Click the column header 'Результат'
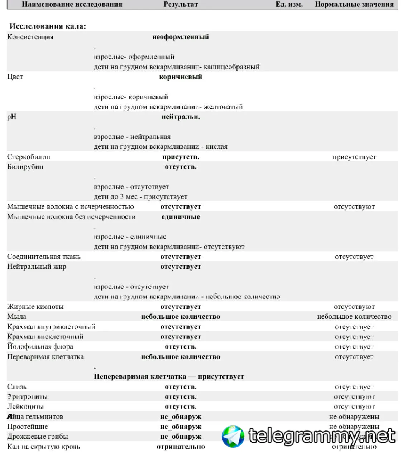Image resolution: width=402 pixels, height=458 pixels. [181, 4]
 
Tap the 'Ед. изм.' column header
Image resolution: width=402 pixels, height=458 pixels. [289, 4]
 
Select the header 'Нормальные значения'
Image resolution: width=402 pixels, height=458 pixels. [354, 4]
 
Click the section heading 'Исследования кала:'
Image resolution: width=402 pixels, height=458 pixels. [48, 26]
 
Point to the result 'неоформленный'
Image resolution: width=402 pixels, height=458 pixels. [181, 37]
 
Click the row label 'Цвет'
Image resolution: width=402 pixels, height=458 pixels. [15, 77]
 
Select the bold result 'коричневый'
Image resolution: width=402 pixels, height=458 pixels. [181, 77]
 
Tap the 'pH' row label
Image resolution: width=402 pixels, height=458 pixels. [11, 117]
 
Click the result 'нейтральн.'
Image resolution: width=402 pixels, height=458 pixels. [181, 117]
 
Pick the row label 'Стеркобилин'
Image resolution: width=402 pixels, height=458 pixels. [29, 157]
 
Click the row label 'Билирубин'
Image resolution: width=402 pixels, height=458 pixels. [25, 167]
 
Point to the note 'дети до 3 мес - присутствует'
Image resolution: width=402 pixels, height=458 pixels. [140, 197]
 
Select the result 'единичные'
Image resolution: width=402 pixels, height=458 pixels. [181, 217]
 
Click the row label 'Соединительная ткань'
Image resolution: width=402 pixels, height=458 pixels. [44, 257]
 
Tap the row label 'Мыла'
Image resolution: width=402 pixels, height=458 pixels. [16, 317]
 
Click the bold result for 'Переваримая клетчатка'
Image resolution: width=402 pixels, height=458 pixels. [181, 357]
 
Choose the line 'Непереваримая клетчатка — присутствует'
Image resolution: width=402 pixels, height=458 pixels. [169, 377]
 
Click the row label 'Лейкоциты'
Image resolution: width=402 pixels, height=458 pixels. [25, 407]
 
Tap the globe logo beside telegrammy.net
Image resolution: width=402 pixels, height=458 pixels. [233, 436]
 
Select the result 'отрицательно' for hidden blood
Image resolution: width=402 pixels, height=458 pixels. [181, 447]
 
